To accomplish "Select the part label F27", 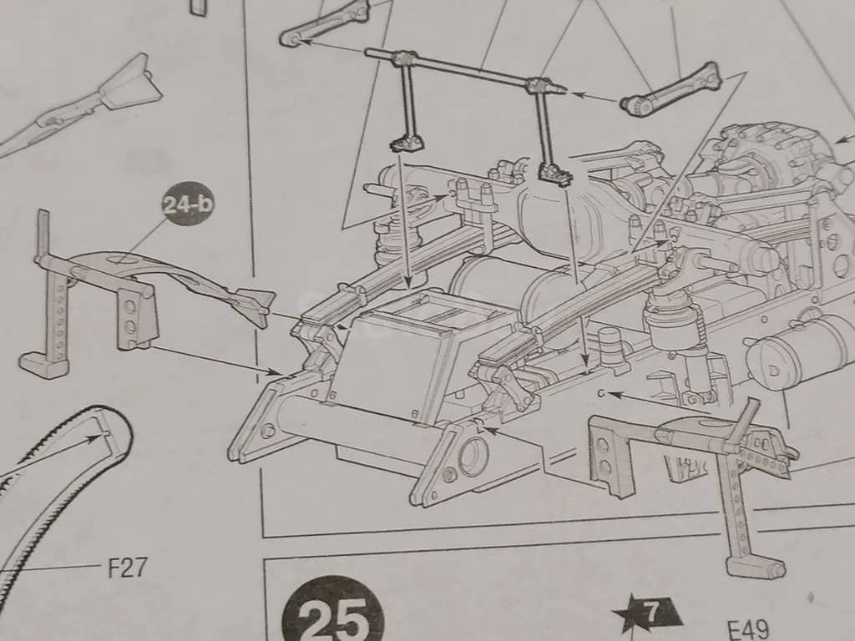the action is [x=128, y=568].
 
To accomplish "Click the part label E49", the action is [x=748, y=629].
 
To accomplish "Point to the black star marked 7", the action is [x=649, y=614].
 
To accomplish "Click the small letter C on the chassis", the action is [x=601, y=393].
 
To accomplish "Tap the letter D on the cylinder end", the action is [x=773, y=371].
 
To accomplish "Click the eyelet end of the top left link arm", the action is [x=292, y=38].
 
